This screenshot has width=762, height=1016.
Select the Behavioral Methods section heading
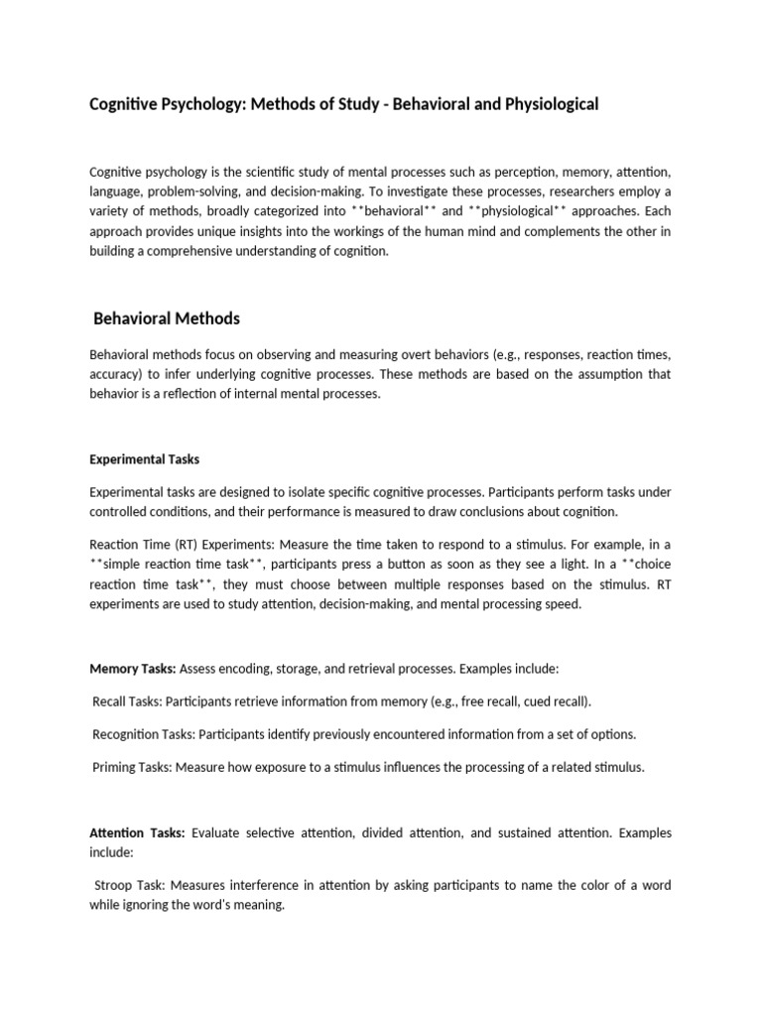pos(166,318)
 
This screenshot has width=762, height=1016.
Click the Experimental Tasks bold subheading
pos(145,459)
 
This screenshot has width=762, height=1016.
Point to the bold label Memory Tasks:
pos(133,670)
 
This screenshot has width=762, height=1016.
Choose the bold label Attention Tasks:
pos(137,833)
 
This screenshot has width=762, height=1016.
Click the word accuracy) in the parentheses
pos(117,374)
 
